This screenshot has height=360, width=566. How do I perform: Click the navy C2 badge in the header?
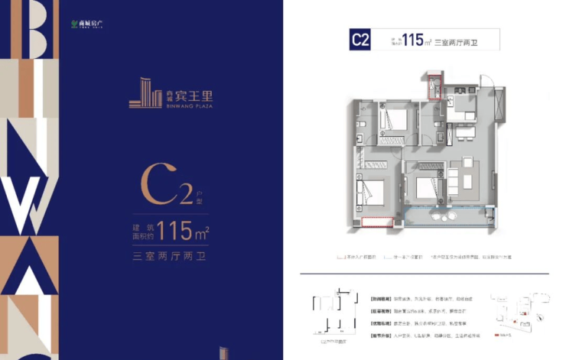[361, 40]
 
